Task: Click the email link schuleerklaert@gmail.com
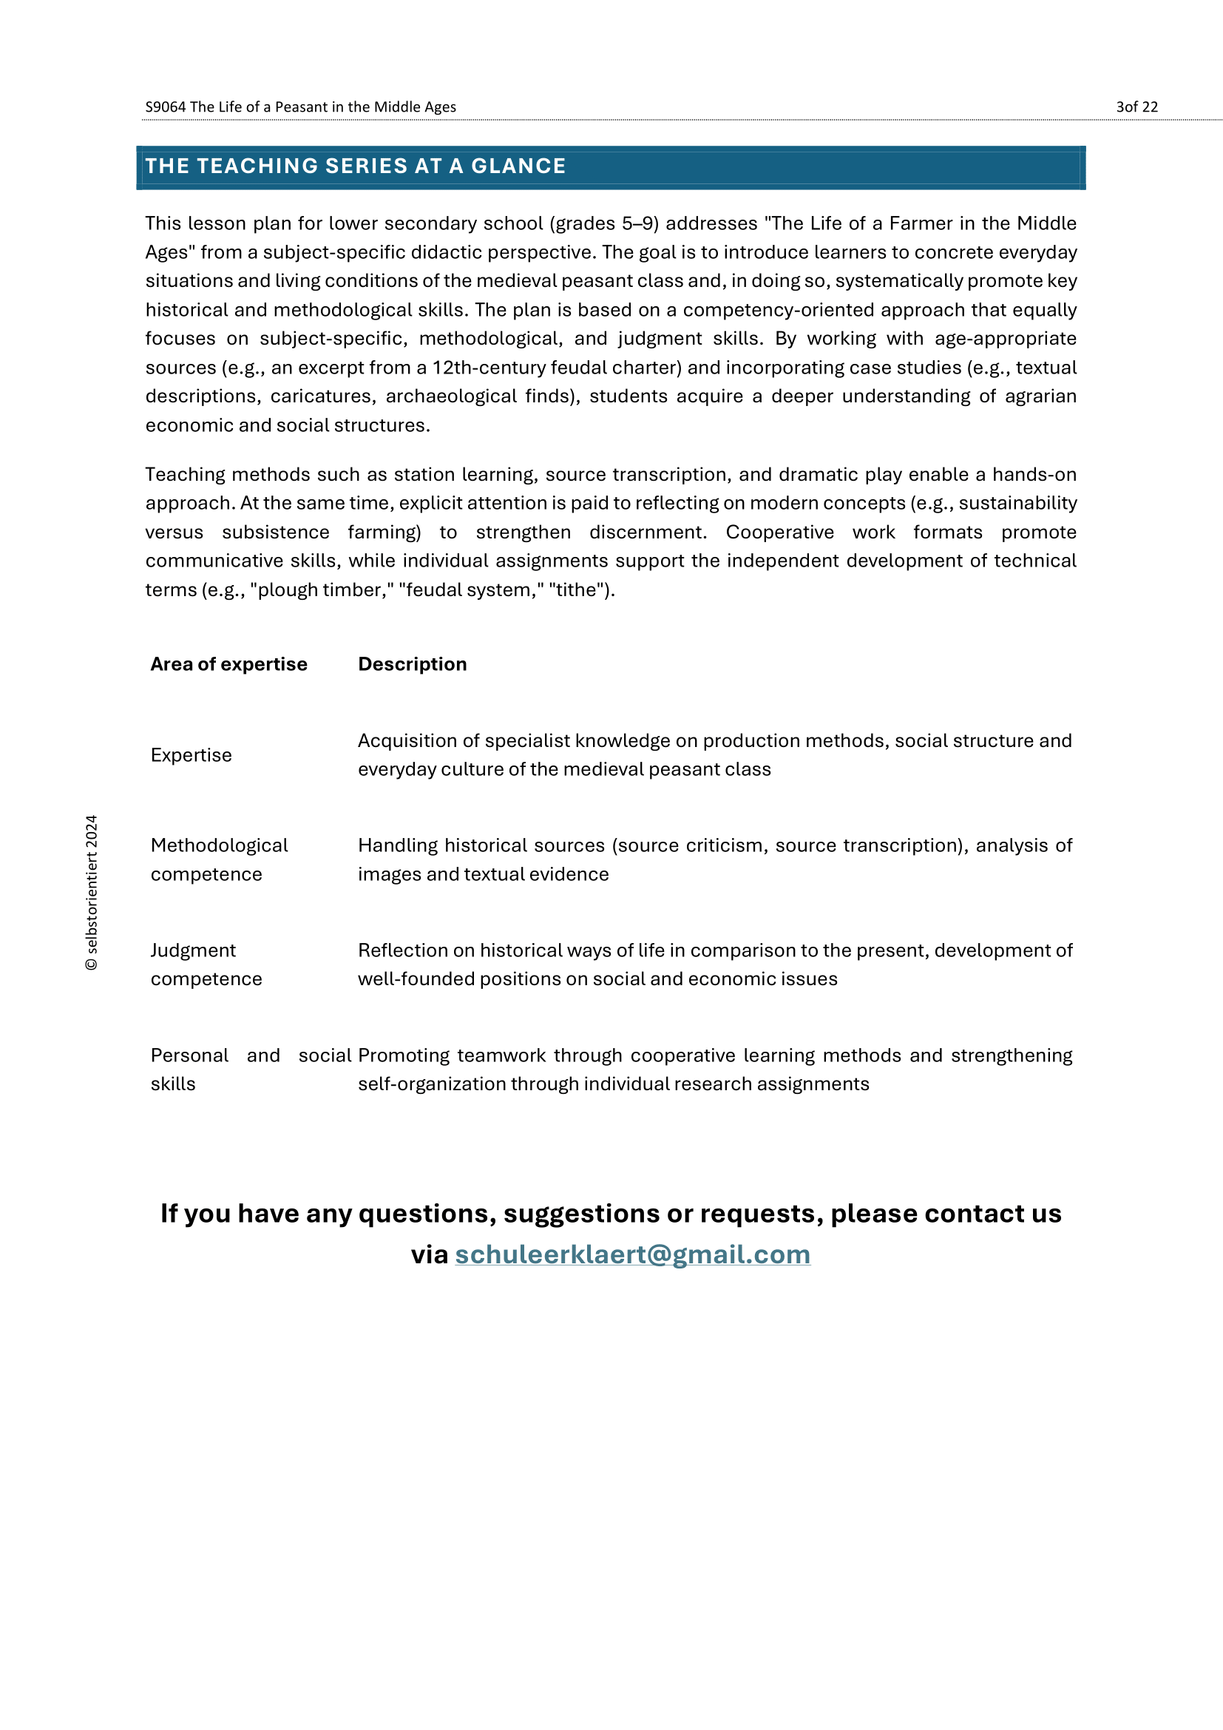pos(633,1254)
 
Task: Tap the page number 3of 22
pos(1136,107)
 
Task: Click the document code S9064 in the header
pos(165,107)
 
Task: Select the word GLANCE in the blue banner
pos(518,166)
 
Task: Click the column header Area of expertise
pos(229,663)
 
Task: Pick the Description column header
pos(412,663)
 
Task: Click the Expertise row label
pos(192,755)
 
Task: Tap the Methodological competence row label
pos(218,859)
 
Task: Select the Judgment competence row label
pos(206,964)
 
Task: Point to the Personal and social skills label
pos(214,1070)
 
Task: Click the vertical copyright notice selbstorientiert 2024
pos(92,893)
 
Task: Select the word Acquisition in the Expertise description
pos(407,740)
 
